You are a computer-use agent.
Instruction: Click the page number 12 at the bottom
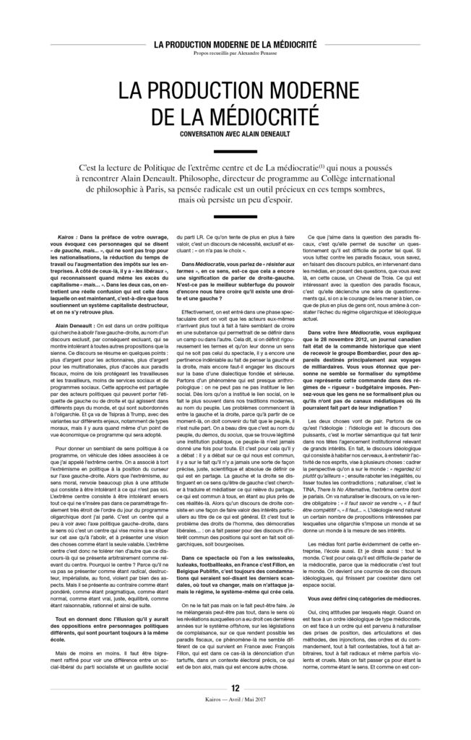click(x=236, y=710)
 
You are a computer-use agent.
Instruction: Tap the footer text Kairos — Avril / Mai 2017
click(x=236, y=723)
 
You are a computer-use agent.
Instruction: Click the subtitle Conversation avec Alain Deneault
click(x=236, y=134)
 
